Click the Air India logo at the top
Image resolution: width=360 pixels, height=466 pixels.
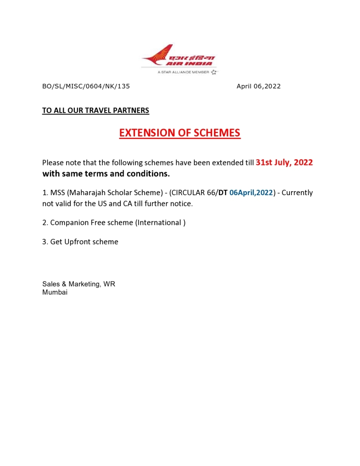pyautogui.click(x=179, y=57)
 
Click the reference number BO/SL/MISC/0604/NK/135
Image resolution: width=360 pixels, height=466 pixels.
pyautogui.click(x=86, y=86)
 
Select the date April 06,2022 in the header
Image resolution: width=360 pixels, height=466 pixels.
pyautogui.click(x=259, y=86)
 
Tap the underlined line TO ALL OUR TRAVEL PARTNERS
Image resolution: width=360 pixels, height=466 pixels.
pyautogui.click(x=96, y=110)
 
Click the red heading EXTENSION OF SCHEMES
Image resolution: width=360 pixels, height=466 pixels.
pyautogui.click(x=180, y=133)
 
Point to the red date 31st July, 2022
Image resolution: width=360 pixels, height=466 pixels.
pyautogui.click(x=284, y=163)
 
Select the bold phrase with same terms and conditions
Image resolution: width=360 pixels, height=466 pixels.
pyautogui.click(x=106, y=174)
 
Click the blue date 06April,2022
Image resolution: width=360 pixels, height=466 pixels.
pyautogui.click(x=251, y=193)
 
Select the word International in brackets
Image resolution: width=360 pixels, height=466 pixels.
pyautogui.click(x=159, y=223)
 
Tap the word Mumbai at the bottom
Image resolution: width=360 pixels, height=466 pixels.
pyautogui.click(x=55, y=292)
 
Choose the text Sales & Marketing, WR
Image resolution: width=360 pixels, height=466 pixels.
pyautogui.click(x=79, y=284)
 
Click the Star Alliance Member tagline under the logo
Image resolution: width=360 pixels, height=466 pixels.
pyautogui.click(x=186, y=72)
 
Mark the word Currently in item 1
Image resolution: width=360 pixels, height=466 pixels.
pyautogui.click(x=297, y=193)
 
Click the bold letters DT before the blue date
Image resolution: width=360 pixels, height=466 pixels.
pyautogui.click(x=223, y=193)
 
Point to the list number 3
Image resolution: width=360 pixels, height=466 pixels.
pyautogui.click(x=45, y=242)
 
